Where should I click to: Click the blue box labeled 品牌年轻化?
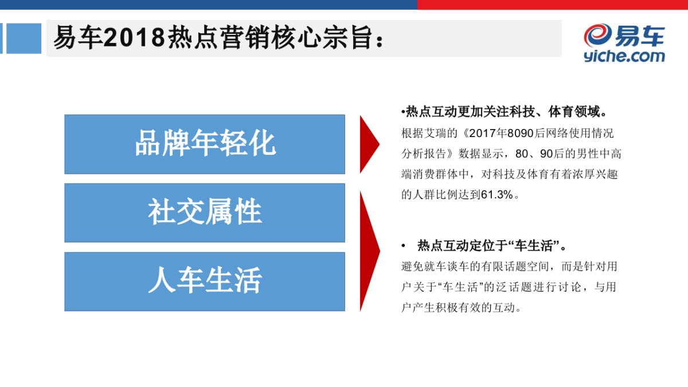point(205,144)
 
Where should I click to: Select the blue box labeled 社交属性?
point(205,213)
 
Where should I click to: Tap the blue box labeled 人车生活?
point(205,282)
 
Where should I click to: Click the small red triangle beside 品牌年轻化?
point(368,144)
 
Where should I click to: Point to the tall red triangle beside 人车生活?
point(369,251)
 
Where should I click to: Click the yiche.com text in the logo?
point(624,56)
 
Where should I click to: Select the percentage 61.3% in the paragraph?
point(497,194)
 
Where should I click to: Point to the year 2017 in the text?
point(481,133)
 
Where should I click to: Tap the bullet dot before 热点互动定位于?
point(404,246)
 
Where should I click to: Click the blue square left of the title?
point(24,38)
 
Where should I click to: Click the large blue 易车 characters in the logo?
point(640,36)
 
